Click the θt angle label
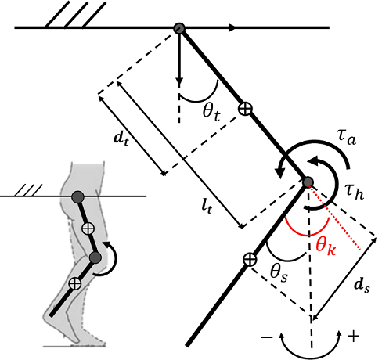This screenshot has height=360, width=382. click(x=211, y=113)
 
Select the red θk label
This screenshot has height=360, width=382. click(x=326, y=247)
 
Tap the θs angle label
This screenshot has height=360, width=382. click(x=279, y=274)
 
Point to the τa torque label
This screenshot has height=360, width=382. click(x=347, y=138)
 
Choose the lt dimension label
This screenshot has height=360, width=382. click(x=207, y=207)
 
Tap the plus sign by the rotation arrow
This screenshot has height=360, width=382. click(x=353, y=337)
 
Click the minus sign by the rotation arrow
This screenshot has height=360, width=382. click(x=267, y=337)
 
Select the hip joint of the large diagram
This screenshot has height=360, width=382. click(x=179, y=28)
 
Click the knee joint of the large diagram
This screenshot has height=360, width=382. click(x=308, y=182)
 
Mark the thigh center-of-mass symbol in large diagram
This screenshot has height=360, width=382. click(x=245, y=109)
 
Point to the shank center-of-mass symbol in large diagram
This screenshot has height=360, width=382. click(x=250, y=260)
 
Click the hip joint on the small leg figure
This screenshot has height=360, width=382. click(x=77, y=197)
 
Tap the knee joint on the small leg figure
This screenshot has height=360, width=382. click(x=95, y=257)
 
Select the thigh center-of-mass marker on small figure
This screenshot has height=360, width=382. click(x=88, y=229)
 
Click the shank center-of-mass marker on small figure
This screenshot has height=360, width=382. click(x=75, y=283)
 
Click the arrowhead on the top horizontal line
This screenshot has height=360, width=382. click(x=232, y=27)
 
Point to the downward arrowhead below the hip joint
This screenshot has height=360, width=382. click(x=179, y=81)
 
